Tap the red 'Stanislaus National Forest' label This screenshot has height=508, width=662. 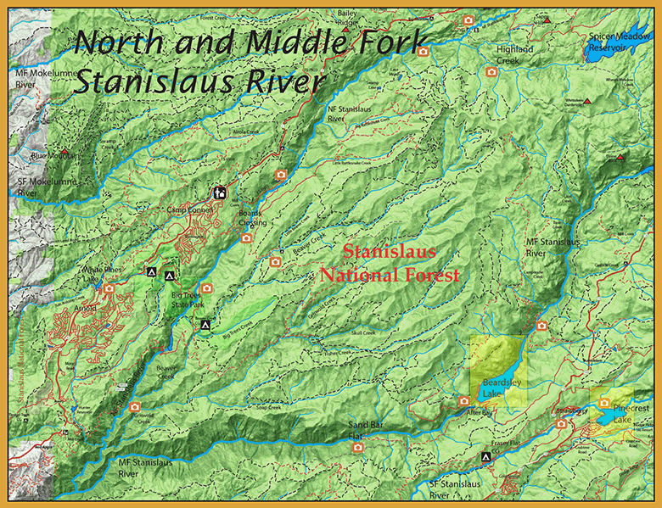tap(389, 264)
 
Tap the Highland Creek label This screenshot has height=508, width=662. tap(514, 55)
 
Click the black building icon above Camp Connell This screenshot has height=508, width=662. tap(220, 193)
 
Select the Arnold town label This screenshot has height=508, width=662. tap(85, 308)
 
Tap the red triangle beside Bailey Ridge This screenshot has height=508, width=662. tap(348, 31)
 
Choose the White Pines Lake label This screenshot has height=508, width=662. tap(102, 275)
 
